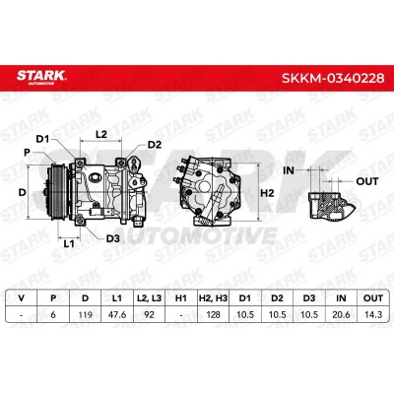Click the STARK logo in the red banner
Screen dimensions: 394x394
[x=41, y=77]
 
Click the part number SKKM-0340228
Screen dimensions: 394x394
[x=333, y=78]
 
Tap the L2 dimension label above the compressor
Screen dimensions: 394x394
[x=101, y=134]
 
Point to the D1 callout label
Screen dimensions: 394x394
[x=42, y=139]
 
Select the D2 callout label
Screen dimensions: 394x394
[x=155, y=145]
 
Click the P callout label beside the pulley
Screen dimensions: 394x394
[x=27, y=153]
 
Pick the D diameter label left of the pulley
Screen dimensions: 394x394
[x=22, y=192]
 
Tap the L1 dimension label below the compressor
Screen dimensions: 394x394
[x=69, y=243]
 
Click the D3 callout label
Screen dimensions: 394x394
[x=113, y=238]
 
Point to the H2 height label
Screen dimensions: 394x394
[x=267, y=193]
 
